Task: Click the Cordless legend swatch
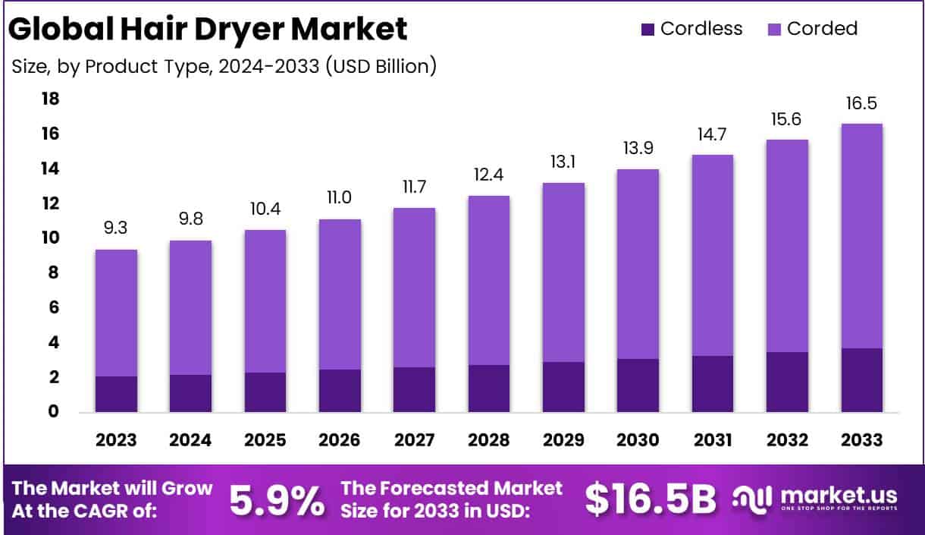(647, 30)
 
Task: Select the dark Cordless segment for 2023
(116, 394)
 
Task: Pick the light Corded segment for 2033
(861, 235)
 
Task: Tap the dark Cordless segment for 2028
(488, 389)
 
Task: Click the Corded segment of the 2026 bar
(340, 294)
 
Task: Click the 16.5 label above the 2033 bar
(861, 104)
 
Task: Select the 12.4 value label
(488, 174)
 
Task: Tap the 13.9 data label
(638, 148)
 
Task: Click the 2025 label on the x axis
(265, 439)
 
